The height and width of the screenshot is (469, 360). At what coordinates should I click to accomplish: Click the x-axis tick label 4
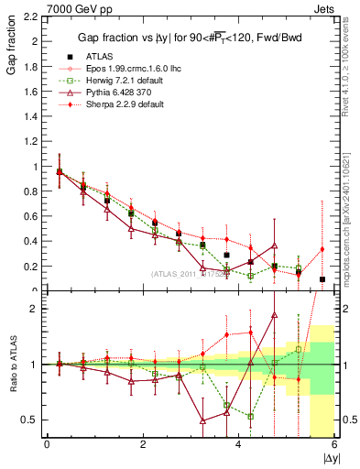(238, 445)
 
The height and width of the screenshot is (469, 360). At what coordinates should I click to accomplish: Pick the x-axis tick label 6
(333, 445)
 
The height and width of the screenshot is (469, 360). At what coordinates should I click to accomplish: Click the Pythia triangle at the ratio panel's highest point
(274, 314)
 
